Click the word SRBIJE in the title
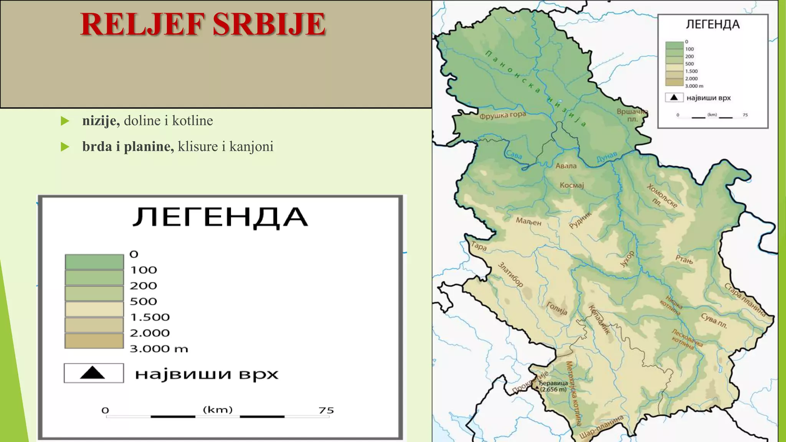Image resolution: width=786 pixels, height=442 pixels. coord(269,24)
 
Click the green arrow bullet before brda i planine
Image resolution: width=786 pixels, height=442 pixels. coord(65,147)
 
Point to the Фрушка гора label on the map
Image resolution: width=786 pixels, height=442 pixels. coord(502,115)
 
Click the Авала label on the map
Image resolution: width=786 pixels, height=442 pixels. coord(566,166)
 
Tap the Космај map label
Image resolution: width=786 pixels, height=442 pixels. coord(571,185)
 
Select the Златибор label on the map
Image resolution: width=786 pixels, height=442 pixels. coord(510,274)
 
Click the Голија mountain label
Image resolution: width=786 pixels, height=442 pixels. coord(557,308)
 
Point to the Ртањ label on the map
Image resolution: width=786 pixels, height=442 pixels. coord(684,259)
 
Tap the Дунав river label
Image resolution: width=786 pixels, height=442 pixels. coord(607,157)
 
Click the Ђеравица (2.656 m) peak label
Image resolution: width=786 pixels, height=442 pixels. coord(553,386)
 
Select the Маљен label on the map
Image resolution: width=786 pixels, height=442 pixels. coord(528,221)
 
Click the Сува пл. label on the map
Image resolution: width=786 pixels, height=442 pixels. coord(714,321)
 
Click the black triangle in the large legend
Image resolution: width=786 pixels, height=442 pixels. coord(92,373)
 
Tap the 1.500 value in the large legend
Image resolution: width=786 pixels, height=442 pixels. coord(150,317)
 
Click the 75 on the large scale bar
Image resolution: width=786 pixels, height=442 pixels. coord(326,410)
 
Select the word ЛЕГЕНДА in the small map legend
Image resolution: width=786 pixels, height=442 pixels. coord(713,25)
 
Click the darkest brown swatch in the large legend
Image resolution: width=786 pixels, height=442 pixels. coord(94,341)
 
